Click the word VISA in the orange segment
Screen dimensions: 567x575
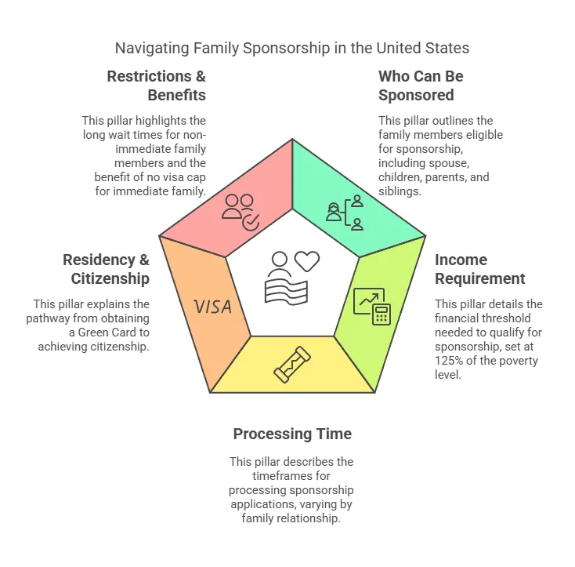point(213,306)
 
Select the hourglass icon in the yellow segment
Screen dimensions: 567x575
point(291,365)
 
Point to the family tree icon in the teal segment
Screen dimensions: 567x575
point(345,213)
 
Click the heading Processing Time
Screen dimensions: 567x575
point(292,434)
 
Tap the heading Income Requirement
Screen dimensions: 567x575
point(479,269)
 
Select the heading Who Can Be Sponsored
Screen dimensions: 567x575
point(421,85)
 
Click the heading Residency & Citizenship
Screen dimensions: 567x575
point(106,269)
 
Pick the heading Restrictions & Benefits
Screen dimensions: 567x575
point(156,85)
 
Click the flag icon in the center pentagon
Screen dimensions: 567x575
point(286,289)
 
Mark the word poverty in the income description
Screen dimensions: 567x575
point(522,361)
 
